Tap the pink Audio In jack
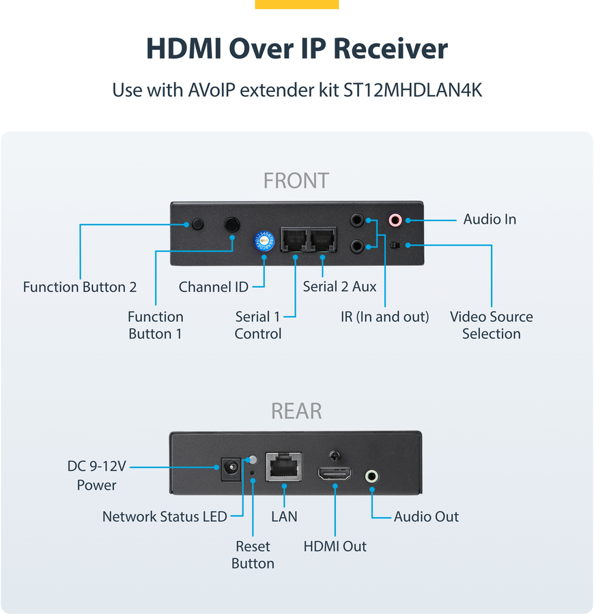pos(395,220)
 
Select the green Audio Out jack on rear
pos(371,476)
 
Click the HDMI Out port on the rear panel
pos(335,474)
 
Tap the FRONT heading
pos(296,181)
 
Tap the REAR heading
pos(296,411)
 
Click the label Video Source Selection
pos(491,325)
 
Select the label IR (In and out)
pos(385,317)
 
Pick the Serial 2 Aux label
pos(339,287)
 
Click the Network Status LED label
pos(165,516)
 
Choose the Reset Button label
pos(253,555)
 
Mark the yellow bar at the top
pos(296,4)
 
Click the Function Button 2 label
pos(80,287)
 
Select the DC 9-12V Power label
pos(96,476)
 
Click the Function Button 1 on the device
pos(232,224)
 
